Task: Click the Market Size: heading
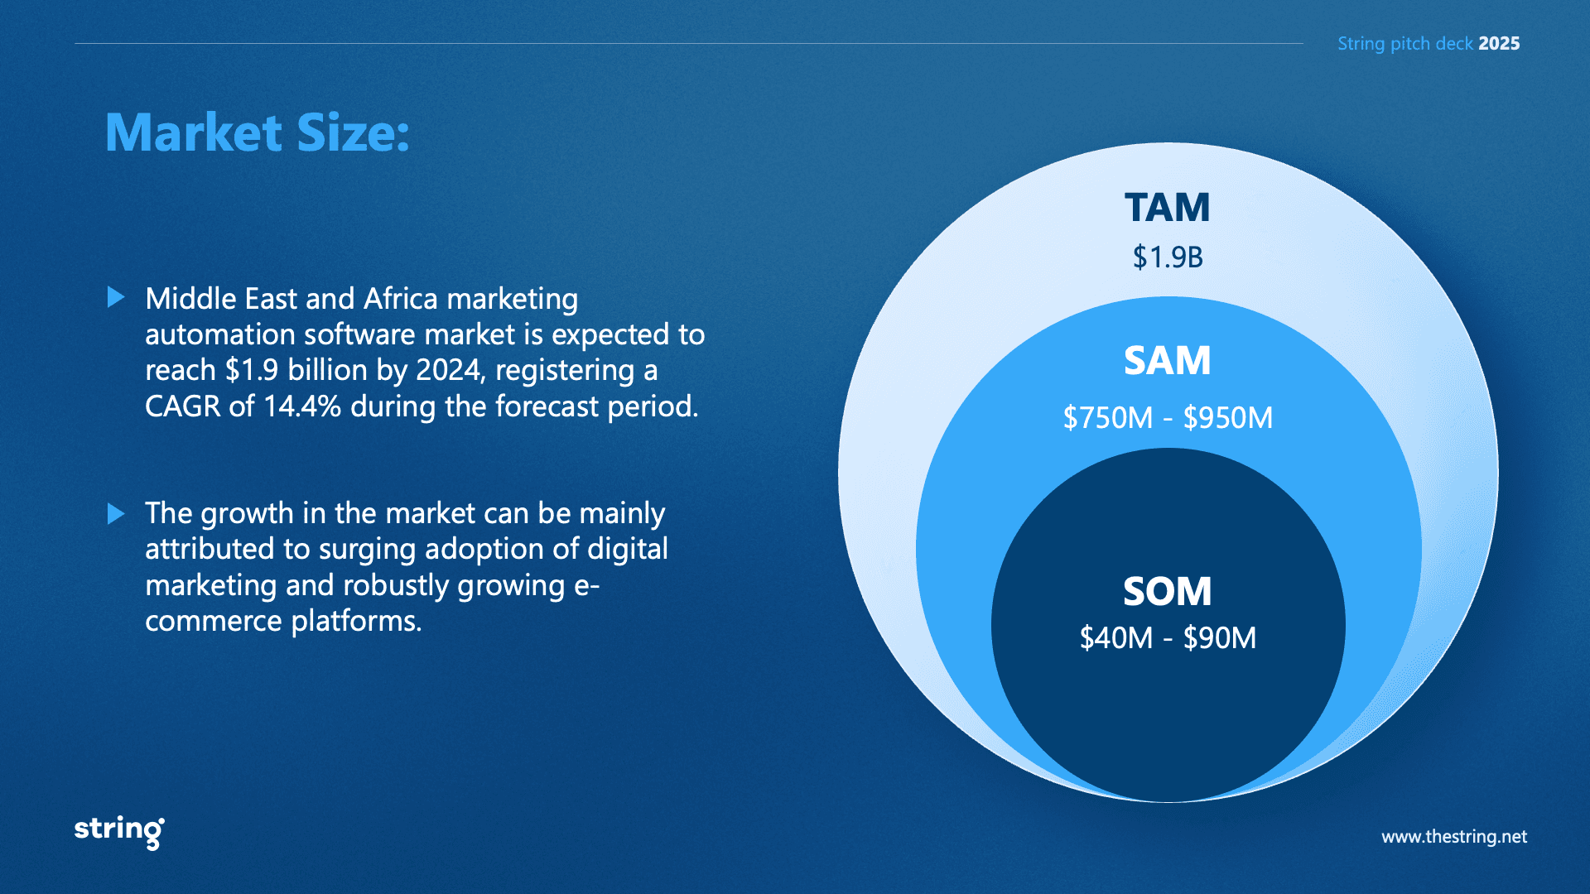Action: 258,132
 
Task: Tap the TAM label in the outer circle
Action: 1168,207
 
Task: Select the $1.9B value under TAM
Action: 1168,257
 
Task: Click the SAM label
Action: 1168,361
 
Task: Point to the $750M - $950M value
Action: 1168,418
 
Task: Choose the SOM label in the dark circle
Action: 1168,591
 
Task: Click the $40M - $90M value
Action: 1168,638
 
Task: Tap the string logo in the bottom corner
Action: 119,831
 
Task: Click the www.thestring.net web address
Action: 1454,837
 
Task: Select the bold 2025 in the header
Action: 1499,44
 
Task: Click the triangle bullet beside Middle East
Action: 116,297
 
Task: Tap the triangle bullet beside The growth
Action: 116,514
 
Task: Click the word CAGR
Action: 183,406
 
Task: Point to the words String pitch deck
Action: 1405,44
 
